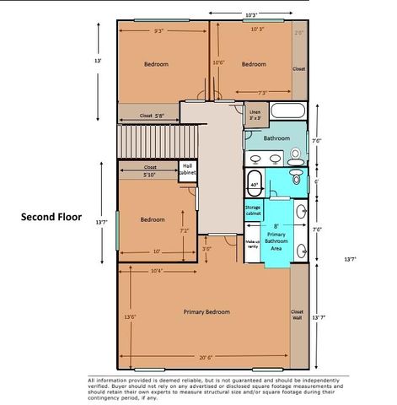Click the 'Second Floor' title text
[x=51, y=216]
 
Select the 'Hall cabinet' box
[x=190, y=170]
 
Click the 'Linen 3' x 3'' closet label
[x=255, y=114]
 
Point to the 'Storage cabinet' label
[x=253, y=212]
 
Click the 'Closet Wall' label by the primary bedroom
[x=297, y=315]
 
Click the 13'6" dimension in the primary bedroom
[x=130, y=317]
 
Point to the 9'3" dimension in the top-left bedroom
[x=158, y=31]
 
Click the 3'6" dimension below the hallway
[x=207, y=249]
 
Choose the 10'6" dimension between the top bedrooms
[x=218, y=62]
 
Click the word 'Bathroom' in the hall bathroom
[x=276, y=138]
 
